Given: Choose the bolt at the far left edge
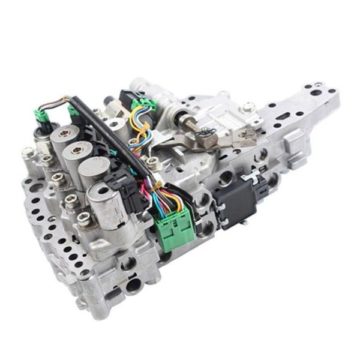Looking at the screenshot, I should (x=28, y=152).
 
